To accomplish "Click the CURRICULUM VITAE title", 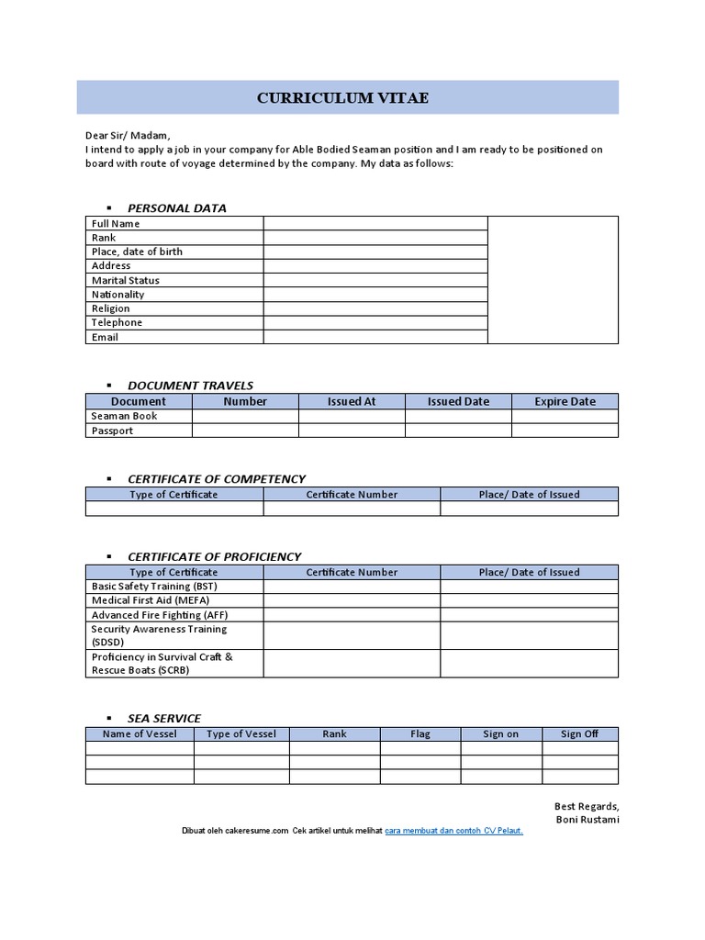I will tap(342, 98).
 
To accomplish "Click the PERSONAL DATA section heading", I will tap(176, 207).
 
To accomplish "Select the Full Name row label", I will tap(116, 223).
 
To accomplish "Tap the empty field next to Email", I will tap(375, 337).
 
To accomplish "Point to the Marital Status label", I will tap(125, 280).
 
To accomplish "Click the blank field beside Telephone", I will tap(375, 322).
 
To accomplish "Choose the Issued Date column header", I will tap(458, 401).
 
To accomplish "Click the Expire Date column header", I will tap(565, 401).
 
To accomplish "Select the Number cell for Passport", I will tap(245, 431).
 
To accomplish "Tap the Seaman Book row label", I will tap(124, 416).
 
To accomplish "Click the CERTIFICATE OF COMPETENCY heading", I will tap(217, 478).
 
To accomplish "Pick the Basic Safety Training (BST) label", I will tap(154, 586).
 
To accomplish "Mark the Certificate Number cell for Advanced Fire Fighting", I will tap(352, 615).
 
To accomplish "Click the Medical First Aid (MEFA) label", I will tap(151, 600).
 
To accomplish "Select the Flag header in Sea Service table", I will tap(420, 733).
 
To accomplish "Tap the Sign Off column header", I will tap(579, 733).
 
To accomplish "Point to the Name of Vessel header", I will tap(140, 733).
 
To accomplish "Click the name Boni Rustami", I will tap(587, 819).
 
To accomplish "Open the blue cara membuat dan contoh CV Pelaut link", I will tap(453, 830).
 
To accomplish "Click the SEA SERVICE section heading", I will tap(163, 718).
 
